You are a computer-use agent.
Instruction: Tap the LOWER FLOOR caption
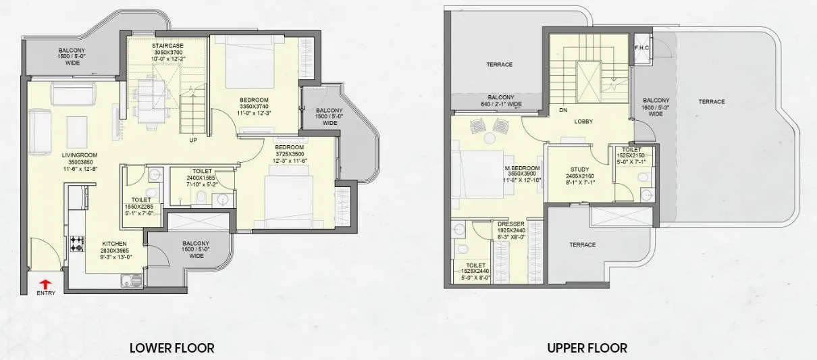[x=172, y=349]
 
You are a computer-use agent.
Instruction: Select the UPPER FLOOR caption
[x=587, y=349]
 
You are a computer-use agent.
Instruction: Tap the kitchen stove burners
[x=76, y=243]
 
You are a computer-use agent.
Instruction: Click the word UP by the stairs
[x=193, y=141]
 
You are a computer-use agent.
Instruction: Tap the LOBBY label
[x=583, y=122]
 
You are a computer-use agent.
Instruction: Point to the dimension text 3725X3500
[x=289, y=153]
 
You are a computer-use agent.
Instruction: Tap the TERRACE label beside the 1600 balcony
[x=711, y=101]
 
